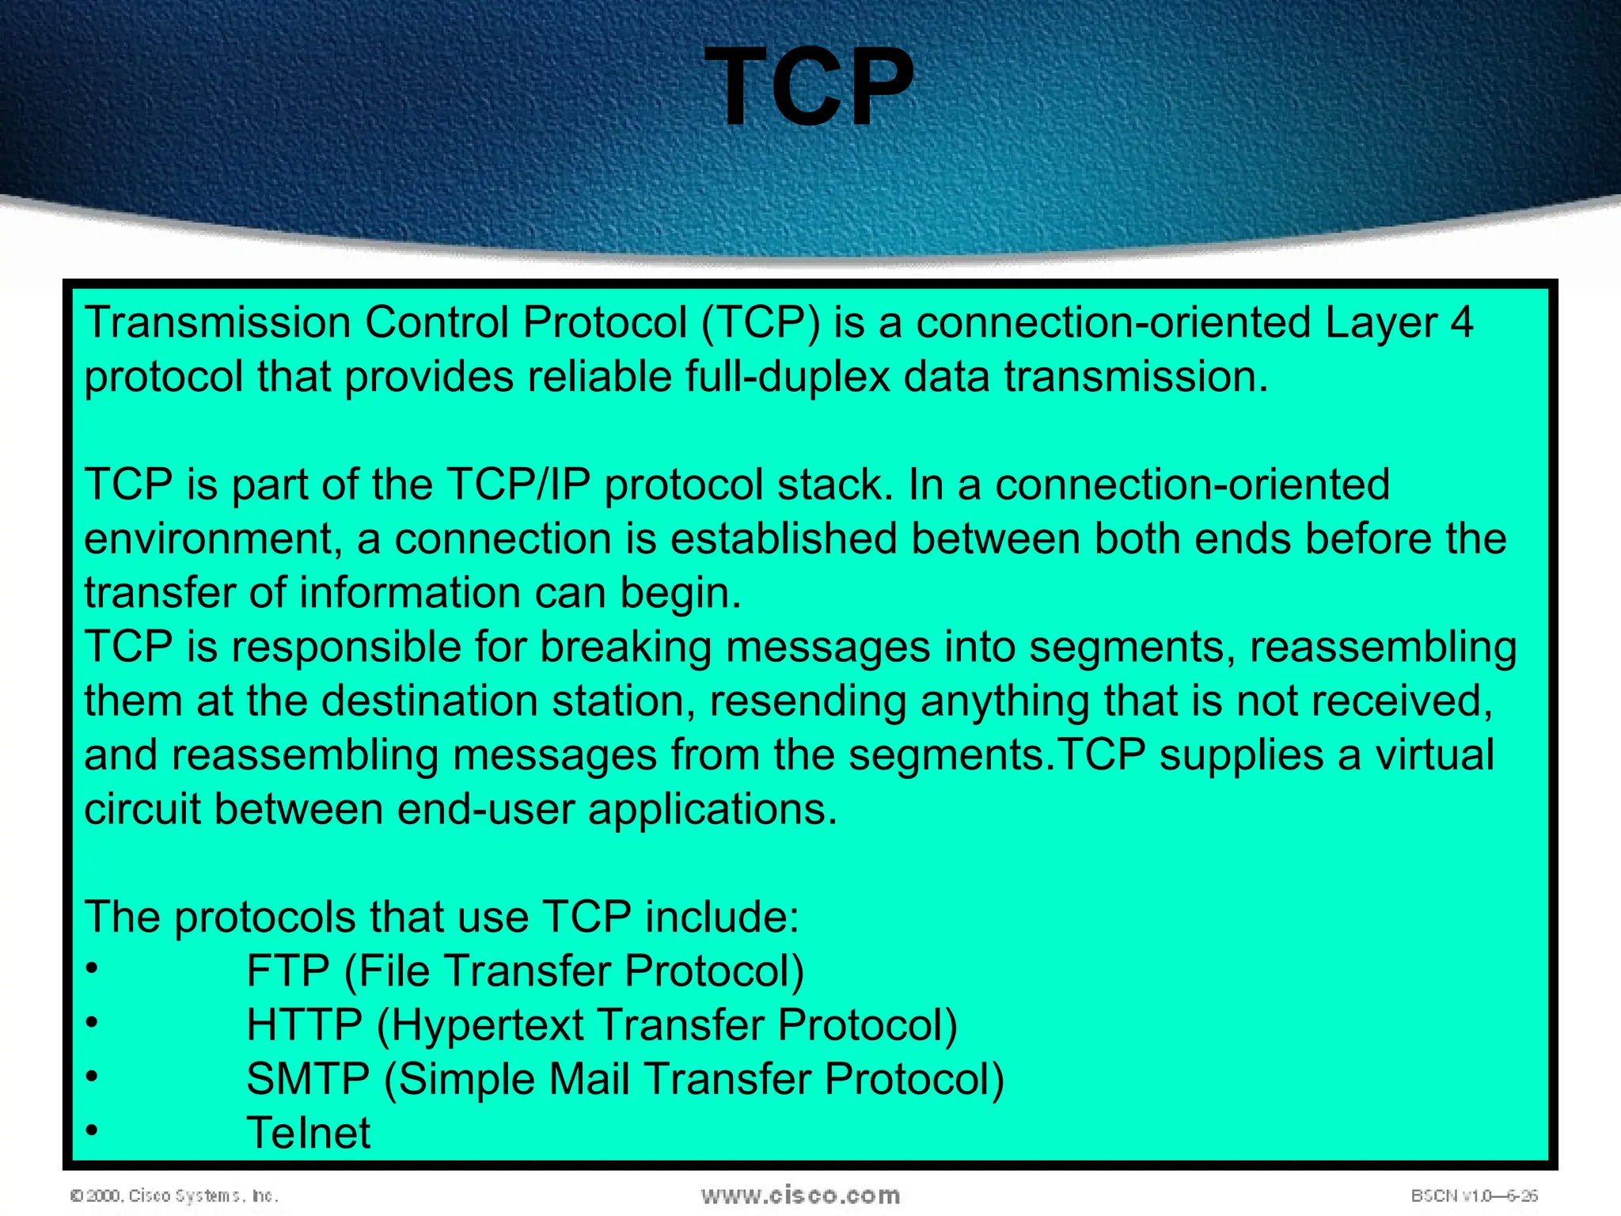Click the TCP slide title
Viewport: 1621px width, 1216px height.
809,87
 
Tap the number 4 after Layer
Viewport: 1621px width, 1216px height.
1462,322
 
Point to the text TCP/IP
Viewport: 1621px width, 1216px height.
518,484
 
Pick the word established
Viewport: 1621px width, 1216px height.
783,539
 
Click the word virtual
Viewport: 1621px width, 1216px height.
1434,754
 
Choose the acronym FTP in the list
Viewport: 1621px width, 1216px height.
288,971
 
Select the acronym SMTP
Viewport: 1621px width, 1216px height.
308,1078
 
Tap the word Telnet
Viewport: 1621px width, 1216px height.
308,1132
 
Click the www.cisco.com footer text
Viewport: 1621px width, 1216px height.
800,1195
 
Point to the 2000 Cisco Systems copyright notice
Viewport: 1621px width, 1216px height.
175,1195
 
